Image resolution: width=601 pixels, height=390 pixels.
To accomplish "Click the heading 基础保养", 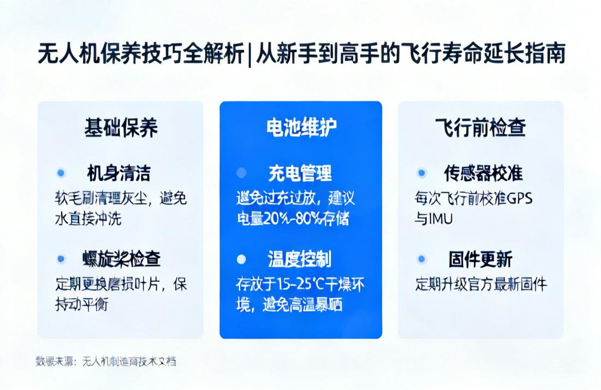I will [x=121, y=128].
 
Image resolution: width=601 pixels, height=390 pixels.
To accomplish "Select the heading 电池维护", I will [x=301, y=128].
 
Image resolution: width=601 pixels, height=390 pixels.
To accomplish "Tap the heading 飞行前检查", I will [x=480, y=128].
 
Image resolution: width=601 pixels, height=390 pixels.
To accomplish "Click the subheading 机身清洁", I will [x=118, y=173].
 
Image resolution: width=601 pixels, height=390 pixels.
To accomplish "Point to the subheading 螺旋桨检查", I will [x=121, y=259].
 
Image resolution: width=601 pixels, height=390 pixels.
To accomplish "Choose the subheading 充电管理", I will [x=300, y=173].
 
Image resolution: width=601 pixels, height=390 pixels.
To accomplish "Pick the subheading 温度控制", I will [x=299, y=259].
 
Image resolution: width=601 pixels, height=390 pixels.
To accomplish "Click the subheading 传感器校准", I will [x=483, y=173].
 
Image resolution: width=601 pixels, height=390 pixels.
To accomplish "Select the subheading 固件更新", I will [x=480, y=259].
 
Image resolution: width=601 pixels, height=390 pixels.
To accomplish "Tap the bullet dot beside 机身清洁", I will [x=61, y=173].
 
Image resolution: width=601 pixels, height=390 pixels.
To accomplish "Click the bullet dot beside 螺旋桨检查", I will [x=61, y=259].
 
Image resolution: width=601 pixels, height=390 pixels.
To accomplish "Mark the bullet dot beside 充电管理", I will [x=241, y=173].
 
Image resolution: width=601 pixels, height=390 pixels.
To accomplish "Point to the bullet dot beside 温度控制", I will [x=241, y=259].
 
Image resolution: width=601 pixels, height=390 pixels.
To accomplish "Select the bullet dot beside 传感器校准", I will [x=421, y=173].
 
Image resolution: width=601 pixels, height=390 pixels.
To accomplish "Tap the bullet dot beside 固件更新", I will [x=421, y=259].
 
